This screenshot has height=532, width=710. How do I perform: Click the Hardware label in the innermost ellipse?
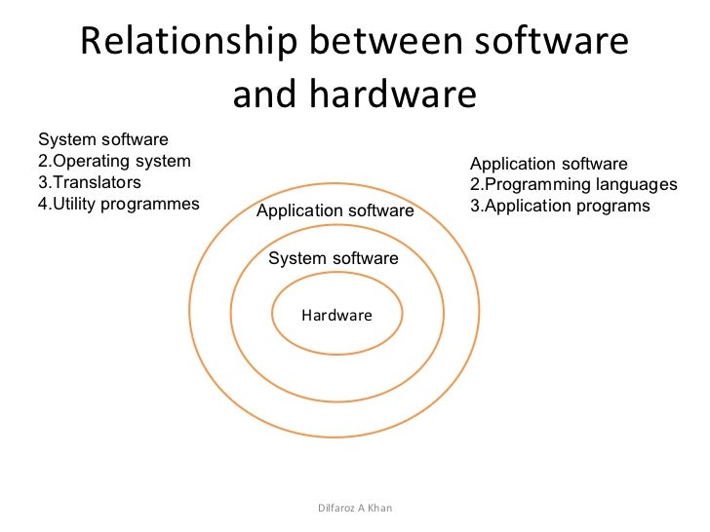tap(336, 316)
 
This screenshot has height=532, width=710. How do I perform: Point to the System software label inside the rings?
tap(334, 258)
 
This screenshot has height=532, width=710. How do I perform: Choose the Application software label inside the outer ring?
tap(335, 210)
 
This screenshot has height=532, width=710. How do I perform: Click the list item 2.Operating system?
tap(113, 161)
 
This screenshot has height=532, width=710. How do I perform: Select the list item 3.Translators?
tap(89, 182)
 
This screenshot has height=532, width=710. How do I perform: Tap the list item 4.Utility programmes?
tap(118, 204)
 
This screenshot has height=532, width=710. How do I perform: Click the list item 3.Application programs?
tap(560, 207)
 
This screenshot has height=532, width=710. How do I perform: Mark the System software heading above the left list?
tap(102, 140)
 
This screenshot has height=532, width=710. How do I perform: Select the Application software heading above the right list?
tap(549, 164)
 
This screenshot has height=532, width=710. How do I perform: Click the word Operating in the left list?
tap(86, 161)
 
